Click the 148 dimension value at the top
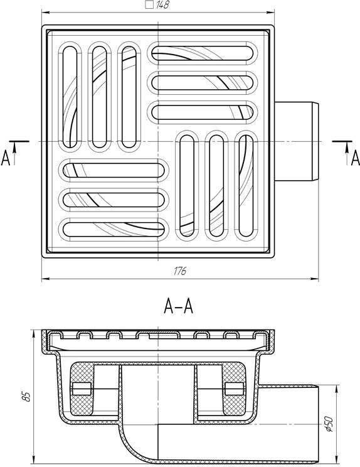click(x=162, y=5)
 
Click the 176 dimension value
click(x=180, y=271)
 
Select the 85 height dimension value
click(x=27, y=397)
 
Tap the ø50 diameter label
click(x=328, y=424)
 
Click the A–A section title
click(x=179, y=306)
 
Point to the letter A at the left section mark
click(x=6, y=158)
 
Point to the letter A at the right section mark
click(x=355, y=158)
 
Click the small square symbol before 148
click(x=150, y=5)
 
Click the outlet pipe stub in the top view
click(x=296, y=141)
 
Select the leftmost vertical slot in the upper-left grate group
click(x=70, y=97)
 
